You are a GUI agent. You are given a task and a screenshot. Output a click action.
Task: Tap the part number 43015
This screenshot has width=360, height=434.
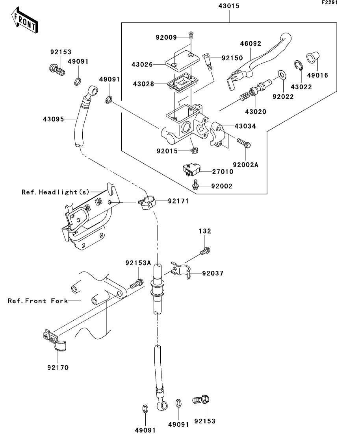(x=229, y=6)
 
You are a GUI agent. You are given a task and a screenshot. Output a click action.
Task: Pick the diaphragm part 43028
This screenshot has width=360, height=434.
(x=182, y=84)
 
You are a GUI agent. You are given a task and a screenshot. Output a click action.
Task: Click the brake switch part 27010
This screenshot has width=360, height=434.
(x=191, y=170)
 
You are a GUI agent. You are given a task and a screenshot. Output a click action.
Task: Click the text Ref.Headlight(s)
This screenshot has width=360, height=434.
(x=55, y=192)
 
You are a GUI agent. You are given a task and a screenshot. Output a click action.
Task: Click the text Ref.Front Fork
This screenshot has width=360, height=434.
(x=38, y=301)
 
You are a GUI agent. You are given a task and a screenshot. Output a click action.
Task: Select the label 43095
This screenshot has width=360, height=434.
(x=54, y=118)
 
